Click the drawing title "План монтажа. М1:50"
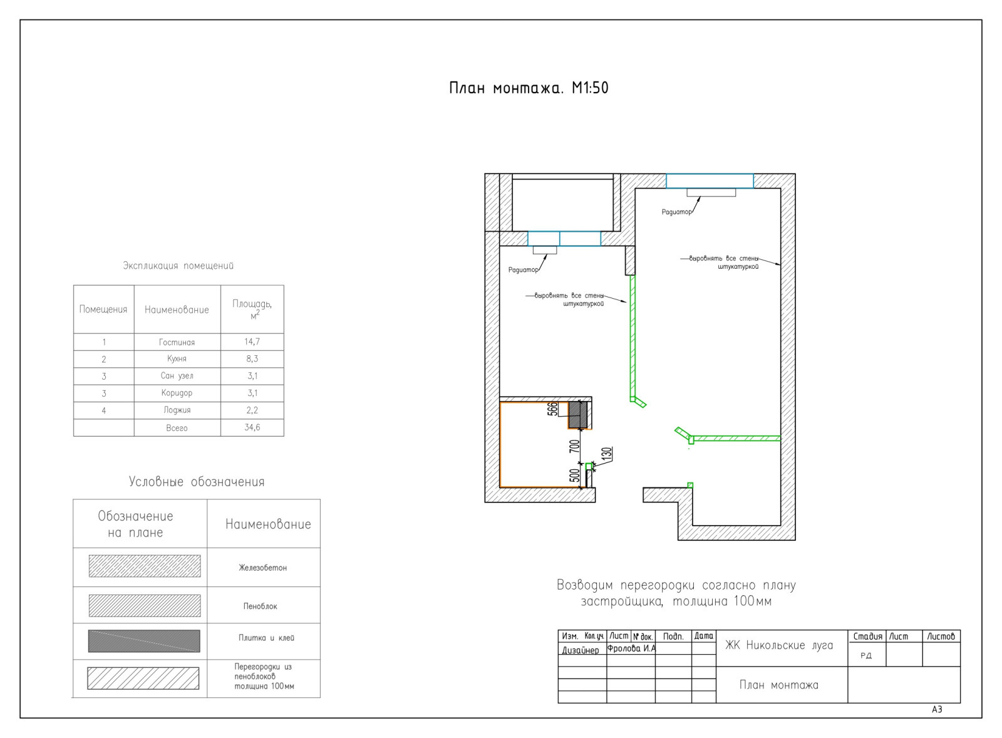(x=529, y=88)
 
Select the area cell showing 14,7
(x=252, y=342)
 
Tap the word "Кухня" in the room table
(x=177, y=359)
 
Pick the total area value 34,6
(x=252, y=427)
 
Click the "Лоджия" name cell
(x=177, y=410)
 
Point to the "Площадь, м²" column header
(x=252, y=309)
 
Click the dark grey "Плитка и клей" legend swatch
(x=144, y=641)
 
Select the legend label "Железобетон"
(x=262, y=568)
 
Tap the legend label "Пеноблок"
(x=261, y=606)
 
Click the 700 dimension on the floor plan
(x=574, y=446)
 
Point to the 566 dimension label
(x=553, y=408)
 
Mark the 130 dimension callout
(x=607, y=454)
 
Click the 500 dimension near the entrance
(x=575, y=475)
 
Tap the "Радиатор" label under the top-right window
(x=676, y=212)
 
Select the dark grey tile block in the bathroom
(x=577, y=415)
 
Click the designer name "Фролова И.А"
(x=631, y=648)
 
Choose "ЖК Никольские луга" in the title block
(x=779, y=645)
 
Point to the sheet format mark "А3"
(x=937, y=709)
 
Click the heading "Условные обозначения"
(x=197, y=482)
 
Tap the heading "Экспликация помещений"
(x=178, y=266)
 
